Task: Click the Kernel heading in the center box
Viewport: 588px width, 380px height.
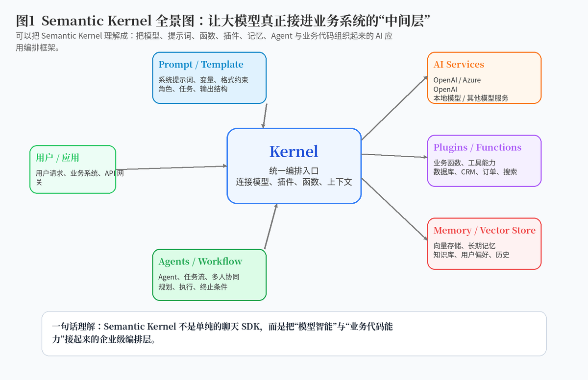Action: coord(294,151)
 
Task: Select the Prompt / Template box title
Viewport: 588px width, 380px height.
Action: coord(201,64)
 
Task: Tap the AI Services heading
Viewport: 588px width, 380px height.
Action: coord(459,64)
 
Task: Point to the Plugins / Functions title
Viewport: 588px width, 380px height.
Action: coord(477,147)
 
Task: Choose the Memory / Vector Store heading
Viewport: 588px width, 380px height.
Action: coord(484,230)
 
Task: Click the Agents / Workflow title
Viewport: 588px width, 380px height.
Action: coord(200,261)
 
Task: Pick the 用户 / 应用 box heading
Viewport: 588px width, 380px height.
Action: coord(57,158)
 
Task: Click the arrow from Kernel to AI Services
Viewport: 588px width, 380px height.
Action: coord(394,108)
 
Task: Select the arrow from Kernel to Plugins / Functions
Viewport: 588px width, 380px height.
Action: coord(394,156)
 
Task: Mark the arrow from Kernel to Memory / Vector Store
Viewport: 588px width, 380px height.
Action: coord(394,209)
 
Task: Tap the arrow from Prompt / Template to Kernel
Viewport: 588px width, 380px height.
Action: coord(265,116)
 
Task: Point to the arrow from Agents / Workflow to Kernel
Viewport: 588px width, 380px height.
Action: coord(271,226)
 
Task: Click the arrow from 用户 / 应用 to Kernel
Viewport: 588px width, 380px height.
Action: coord(171,167)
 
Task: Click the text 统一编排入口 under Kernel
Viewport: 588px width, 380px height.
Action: coord(294,171)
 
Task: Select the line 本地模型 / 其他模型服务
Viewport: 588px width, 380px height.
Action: coord(471,98)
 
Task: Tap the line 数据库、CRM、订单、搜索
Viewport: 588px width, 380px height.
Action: coord(475,172)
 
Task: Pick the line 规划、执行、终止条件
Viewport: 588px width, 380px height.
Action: coord(193,287)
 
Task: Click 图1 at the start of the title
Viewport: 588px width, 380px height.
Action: coord(25,21)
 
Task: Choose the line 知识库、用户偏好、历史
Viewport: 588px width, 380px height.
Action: coord(471,255)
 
